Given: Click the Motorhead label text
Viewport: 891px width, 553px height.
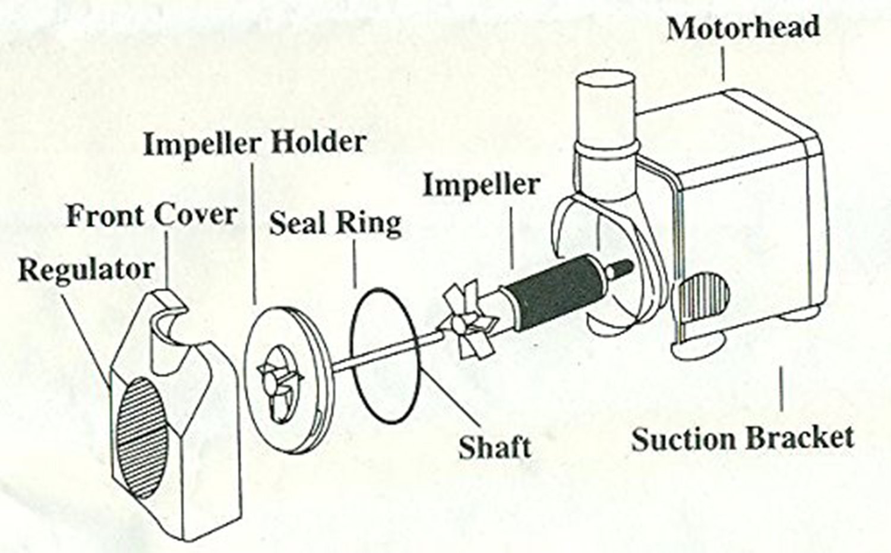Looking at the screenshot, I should point(743,29).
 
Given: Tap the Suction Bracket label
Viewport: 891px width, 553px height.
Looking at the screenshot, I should point(742,438).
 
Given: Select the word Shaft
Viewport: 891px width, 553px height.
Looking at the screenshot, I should point(494,445).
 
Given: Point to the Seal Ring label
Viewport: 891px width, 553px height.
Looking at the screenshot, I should point(336,224).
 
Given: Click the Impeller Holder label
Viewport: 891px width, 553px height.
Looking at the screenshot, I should point(255,143).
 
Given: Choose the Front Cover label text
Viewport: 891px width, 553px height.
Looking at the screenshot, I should point(151,215).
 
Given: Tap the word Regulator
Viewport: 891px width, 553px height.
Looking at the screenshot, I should point(86,270).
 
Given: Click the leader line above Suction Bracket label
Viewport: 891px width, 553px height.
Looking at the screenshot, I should point(781,390).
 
